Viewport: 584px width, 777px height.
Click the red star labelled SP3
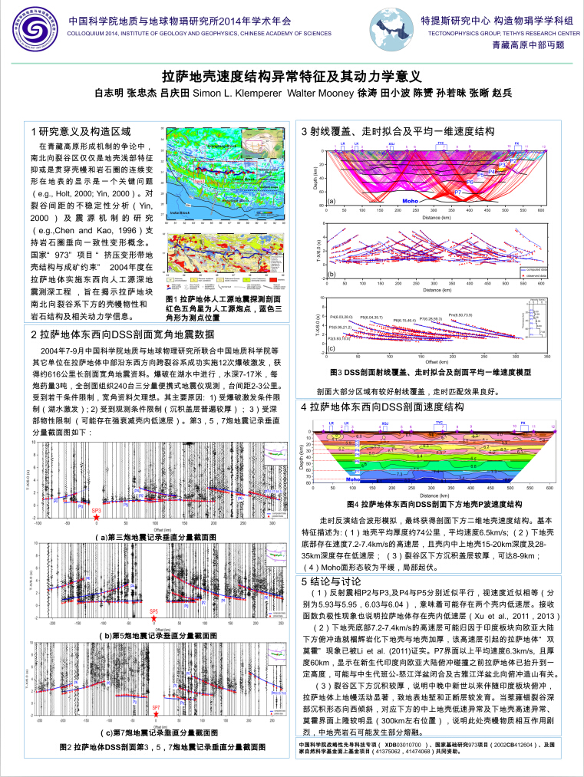[96, 518]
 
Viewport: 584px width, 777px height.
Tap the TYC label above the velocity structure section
[440, 423]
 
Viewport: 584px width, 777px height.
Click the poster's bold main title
[292, 76]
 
